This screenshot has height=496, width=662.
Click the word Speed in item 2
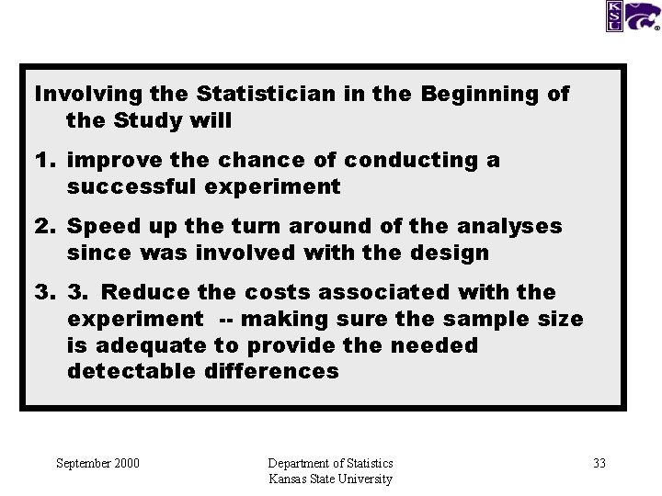tap(99, 226)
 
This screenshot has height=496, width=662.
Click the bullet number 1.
tap(44, 160)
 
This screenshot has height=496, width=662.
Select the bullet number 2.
tap(44, 226)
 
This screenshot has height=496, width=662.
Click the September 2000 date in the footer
tap(97, 463)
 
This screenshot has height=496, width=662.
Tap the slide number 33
tap(599, 463)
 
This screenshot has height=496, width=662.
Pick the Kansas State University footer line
tap(330, 479)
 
